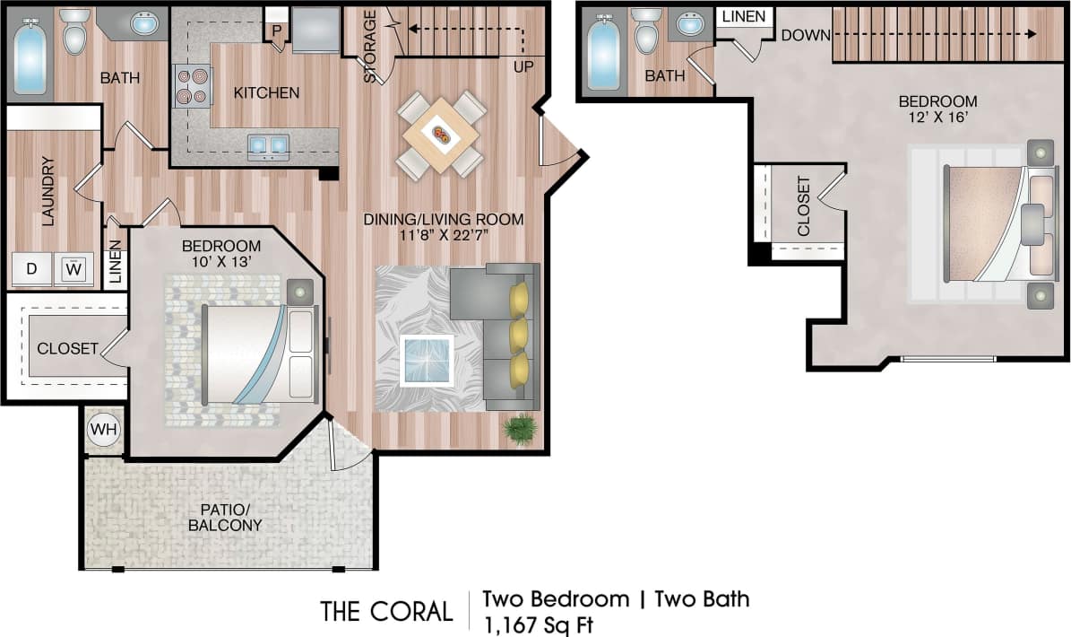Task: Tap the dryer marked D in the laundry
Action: [x=31, y=268]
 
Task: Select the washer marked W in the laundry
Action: [x=73, y=268]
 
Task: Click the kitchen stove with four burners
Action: [x=192, y=86]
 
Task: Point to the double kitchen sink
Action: [x=268, y=144]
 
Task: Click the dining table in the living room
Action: [x=442, y=135]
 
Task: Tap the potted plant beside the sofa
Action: [x=519, y=429]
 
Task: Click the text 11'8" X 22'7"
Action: [x=443, y=236]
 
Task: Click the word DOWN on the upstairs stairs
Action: [x=804, y=35]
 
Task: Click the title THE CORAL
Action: [x=386, y=611]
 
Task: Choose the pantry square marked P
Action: [x=277, y=29]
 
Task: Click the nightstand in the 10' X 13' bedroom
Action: [x=299, y=292]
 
